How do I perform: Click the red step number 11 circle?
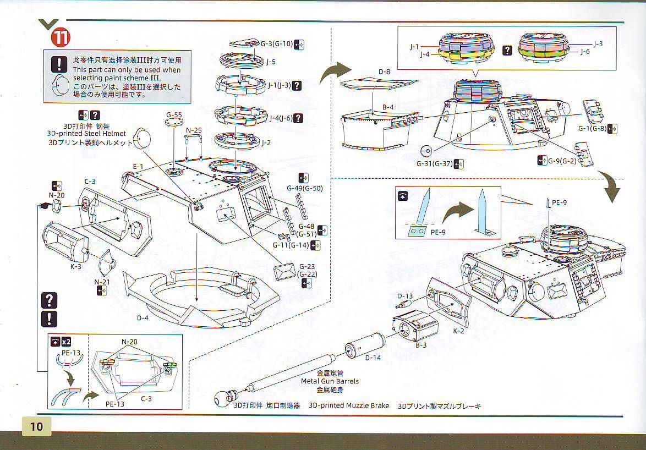[61, 37]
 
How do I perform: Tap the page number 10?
[37, 426]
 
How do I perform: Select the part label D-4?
[143, 317]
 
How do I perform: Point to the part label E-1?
[138, 166]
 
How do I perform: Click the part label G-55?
[174, 115]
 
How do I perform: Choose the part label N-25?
[193, 130]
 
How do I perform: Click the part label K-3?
[76, 266]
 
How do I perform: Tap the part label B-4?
[388, 107]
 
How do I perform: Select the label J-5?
[271, 62]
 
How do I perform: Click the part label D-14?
[373, 358]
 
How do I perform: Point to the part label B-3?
[421, 345]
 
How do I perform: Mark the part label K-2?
[459, 331]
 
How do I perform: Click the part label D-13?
[404, 296]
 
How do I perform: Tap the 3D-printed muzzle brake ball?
[223, 397]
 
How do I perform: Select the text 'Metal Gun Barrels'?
[330, 381]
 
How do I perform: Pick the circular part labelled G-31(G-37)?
[424, 151]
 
